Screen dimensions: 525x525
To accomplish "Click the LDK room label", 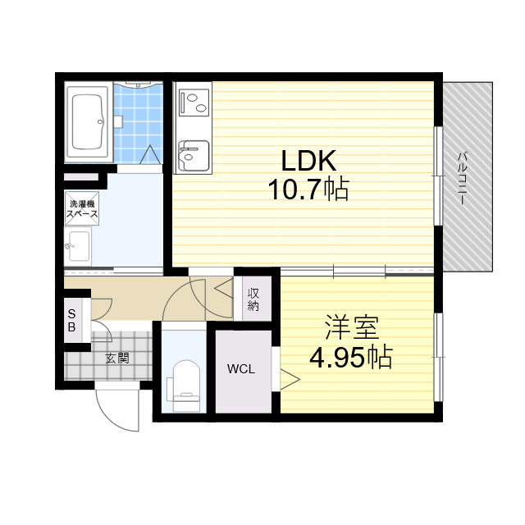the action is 308,161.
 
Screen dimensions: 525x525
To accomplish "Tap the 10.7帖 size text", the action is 308,189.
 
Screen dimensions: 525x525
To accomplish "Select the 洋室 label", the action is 352,327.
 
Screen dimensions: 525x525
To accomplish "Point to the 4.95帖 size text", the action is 350,357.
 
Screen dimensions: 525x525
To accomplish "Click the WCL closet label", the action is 241,369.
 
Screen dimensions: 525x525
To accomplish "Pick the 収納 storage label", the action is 253,299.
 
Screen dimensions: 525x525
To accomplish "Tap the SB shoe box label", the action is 71,321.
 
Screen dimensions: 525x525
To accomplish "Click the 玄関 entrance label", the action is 117,358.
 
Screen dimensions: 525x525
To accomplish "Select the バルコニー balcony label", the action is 463,179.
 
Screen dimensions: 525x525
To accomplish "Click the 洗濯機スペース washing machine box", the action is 82,208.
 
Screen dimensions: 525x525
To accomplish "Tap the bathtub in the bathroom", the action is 88,122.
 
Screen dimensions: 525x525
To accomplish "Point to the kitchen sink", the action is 194,156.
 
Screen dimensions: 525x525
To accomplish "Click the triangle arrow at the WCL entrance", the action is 290,379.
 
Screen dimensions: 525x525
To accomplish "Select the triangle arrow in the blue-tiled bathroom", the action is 150,154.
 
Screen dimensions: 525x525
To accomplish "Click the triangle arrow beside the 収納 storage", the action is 223,288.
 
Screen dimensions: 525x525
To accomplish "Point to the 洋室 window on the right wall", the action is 439,357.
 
